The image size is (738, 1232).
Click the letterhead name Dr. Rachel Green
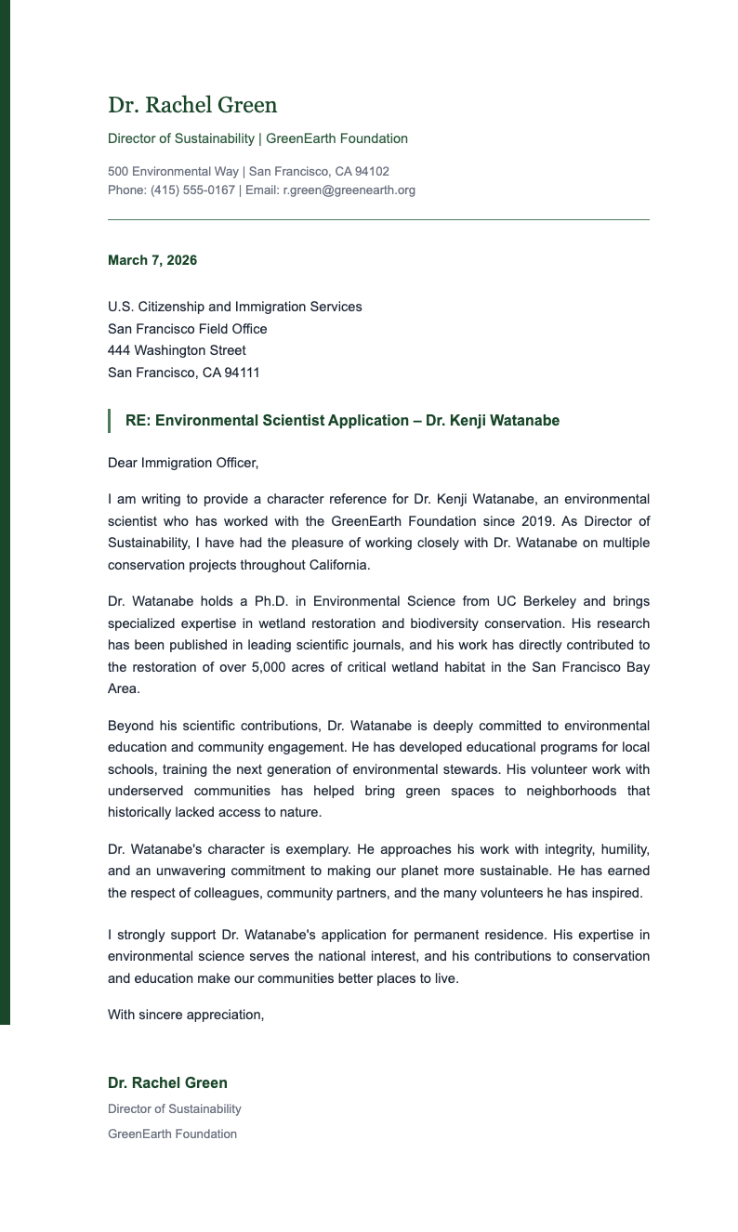point(192,105)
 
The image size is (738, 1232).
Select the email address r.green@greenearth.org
point(349,190)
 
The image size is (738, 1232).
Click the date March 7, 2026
point(152,260)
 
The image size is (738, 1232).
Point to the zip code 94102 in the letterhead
point(372,172)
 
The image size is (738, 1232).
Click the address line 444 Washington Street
point(177,350)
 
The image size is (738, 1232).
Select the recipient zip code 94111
point(243,373)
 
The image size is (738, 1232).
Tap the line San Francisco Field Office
point(187,329)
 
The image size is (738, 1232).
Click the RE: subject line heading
point(342,421)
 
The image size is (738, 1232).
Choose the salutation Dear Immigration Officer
point(183,463)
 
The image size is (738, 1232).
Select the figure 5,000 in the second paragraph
point(270,667)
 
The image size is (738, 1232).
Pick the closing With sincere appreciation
point(186,1015)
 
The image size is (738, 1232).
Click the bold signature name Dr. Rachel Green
point(167,1082)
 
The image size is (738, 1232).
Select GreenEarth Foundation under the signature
point(172,1134)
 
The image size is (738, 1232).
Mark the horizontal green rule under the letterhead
point(378,220)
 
